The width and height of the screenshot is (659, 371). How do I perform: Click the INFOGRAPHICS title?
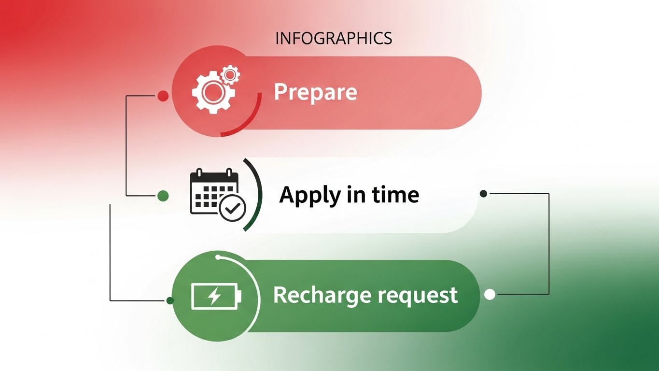[334, 38]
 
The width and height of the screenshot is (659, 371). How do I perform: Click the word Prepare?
[315, 92]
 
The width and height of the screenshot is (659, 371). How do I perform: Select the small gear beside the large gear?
[230, 74]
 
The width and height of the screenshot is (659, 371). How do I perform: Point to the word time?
[395, 195]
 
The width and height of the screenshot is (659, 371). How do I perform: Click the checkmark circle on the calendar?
[233, 208]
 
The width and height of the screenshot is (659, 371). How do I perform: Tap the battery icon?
[216, 296]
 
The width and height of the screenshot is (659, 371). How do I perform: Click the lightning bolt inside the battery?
[214, 296]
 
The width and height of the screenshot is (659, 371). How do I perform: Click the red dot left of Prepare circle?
[163, 96]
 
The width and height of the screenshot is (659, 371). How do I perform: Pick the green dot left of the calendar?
[163, 196]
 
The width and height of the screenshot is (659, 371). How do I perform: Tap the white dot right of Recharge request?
[490, 294]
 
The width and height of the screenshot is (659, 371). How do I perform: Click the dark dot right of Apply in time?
[483, 194]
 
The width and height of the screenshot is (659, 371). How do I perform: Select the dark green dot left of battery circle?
[170, 300]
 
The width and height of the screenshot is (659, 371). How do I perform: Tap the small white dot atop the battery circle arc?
[219, 257]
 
